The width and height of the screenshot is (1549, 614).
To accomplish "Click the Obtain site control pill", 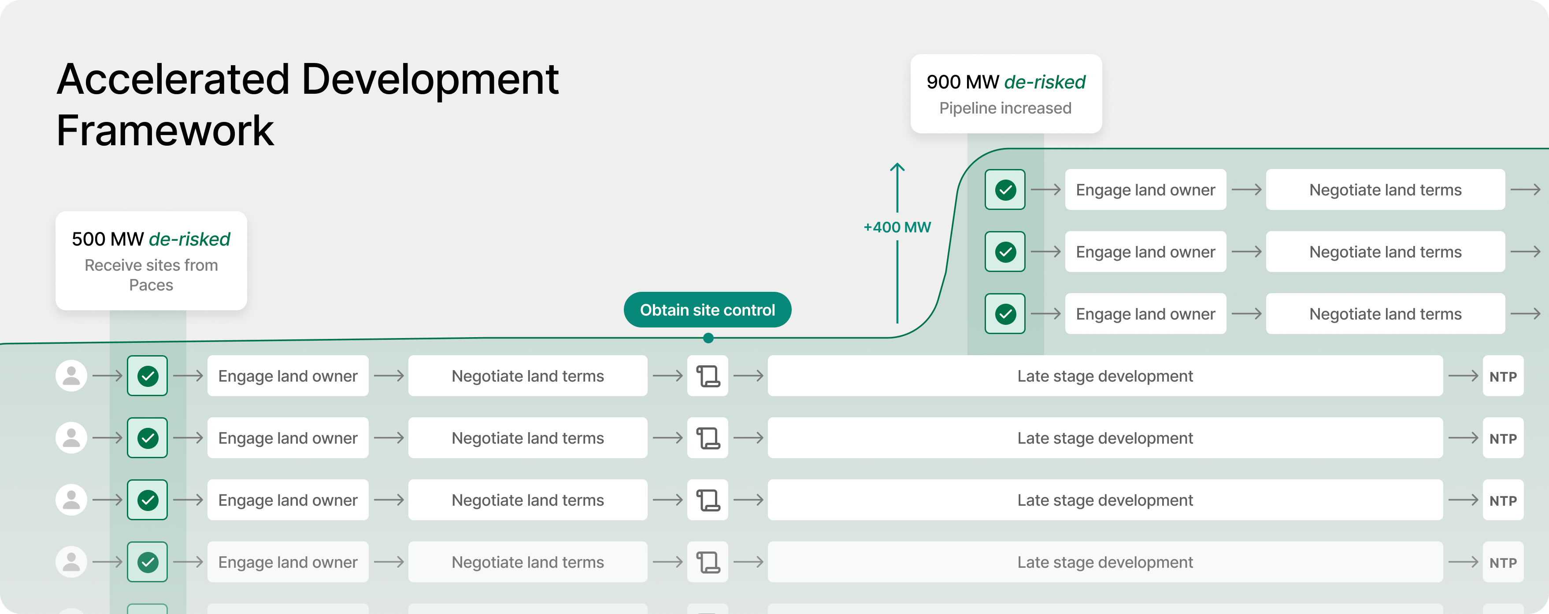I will click(x=707, y=310).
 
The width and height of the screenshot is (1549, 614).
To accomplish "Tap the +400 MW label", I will click(x=897, y=228).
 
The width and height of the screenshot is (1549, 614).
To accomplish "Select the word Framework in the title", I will click(x=165, y=131).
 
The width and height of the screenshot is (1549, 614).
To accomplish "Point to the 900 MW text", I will click(x=962, y=82).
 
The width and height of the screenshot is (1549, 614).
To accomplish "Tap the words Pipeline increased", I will click(x=1005, y=108).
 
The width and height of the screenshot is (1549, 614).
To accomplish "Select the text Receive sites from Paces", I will click(x=151, y=275).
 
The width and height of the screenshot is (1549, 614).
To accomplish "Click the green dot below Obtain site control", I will click(x=708, y=338).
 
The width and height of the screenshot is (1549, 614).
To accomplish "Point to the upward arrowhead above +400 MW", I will click(x=897, y=166).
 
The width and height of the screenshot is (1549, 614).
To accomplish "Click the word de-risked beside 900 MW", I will click(x=1045, y=82).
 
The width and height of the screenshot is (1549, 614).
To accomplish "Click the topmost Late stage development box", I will click(x=1104, y=376).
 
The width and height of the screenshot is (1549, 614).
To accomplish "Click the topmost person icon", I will click(x=71, y=376).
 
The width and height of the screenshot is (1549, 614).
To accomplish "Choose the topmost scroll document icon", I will click(x=708, y=376).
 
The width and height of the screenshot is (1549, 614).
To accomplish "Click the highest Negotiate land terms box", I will click(x=1385, y=190).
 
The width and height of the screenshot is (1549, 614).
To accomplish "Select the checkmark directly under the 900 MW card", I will click(x=1005, y=190).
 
